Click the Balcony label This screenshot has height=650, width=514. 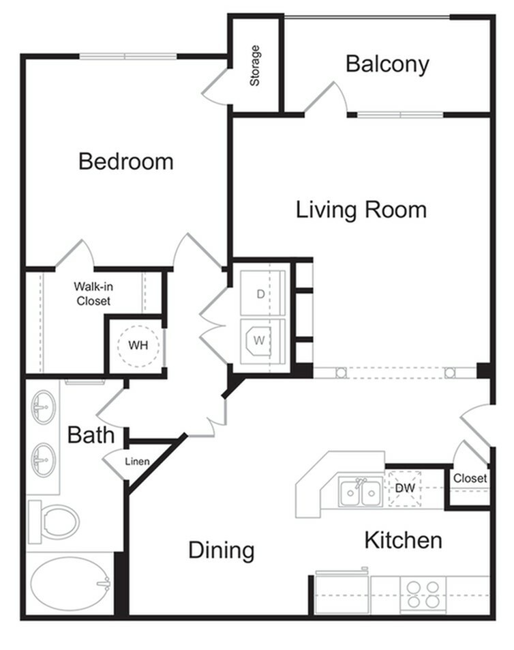point(387,64)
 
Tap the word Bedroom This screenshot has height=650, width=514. point(125,162)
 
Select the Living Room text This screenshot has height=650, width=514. point(361,210)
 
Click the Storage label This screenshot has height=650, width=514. point(255,66)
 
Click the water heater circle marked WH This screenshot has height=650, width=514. point(139,345)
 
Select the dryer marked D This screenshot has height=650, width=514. point(262,294)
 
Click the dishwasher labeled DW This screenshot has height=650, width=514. point(405,488)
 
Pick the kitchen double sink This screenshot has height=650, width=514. point(361,492)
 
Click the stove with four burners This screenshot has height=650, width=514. point(423,594)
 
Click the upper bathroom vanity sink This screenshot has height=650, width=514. point(44,408)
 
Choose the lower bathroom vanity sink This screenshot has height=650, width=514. point(44,460)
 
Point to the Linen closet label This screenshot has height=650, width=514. point(137,462)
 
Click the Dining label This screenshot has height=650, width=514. point(222,550)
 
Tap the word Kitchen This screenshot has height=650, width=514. point(403,541)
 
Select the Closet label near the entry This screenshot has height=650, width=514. point(470,478)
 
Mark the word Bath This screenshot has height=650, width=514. point(91,435)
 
